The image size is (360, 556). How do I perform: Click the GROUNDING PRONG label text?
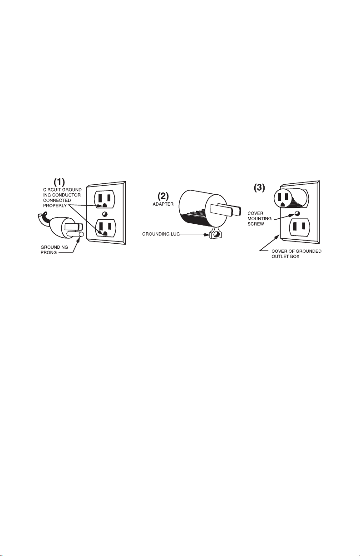click(50, 250)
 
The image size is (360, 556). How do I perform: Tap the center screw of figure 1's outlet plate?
click(104, 214)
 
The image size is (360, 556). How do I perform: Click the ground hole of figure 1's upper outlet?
click(104, 205)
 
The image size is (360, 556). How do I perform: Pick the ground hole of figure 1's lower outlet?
click(105, 233)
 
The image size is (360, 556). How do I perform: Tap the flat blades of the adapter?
click(224, 210)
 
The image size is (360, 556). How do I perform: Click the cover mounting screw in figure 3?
click(297, 214)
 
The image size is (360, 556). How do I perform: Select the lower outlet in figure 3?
click(297, 227)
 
